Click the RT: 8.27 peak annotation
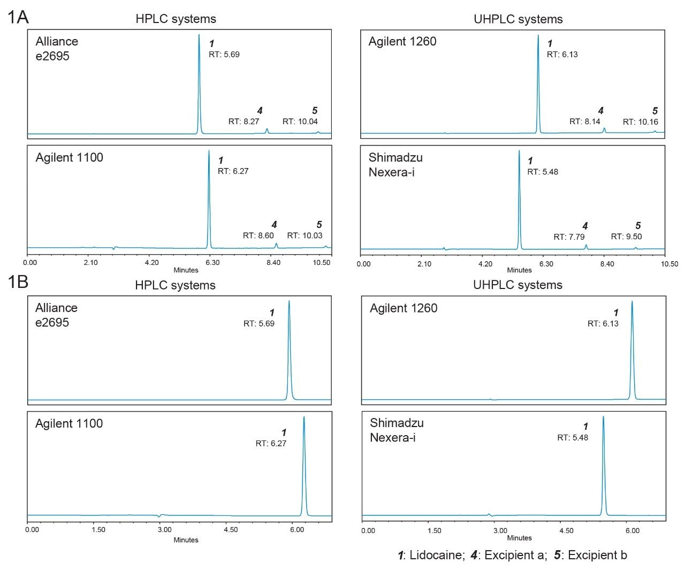click(243, 121)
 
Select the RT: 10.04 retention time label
click(300, 121)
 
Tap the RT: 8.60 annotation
click(258, 235)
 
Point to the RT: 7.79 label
click(569, 237)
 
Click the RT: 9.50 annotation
click(626, 237)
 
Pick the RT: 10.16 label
click(640, 122)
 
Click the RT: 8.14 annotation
click(584, 121)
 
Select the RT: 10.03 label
click(305, 235)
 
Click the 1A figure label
click(18, 17)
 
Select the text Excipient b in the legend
click(597, 556)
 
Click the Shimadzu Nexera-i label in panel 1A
click(395, 165)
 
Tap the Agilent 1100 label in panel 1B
click(69, 424)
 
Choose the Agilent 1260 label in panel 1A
click(402, 42)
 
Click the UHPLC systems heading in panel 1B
click(517, 285)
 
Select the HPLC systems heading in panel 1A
click(176, 19)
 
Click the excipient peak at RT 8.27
click(267, 131)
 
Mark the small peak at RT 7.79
click(586, 246)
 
